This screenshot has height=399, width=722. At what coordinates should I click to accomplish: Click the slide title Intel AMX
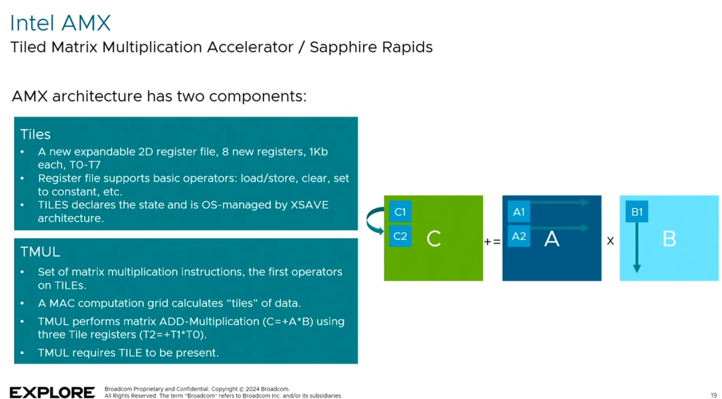tap(60, 23)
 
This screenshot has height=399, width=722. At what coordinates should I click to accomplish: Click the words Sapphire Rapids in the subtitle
tap(371, 47)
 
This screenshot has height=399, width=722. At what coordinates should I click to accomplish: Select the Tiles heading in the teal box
tap(35, 134)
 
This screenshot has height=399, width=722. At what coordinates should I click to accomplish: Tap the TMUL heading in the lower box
tap(40, 251)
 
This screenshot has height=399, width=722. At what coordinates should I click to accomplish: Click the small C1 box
tap(400, 212)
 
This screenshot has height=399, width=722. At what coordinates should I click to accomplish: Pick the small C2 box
tap(400, 236)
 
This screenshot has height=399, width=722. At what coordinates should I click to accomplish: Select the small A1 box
tap(518, 212)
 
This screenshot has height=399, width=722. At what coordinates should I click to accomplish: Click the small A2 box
tap(518, 236)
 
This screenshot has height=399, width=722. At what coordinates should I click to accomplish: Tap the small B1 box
tap(637, 212)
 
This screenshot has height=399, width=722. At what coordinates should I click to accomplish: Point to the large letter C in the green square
tap(434, 239)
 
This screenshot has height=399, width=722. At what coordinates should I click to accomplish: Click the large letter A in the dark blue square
tap(551, 239)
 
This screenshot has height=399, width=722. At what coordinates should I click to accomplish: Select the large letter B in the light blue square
tap(669, 239)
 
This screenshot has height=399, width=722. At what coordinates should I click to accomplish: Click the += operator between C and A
tap(492, 242)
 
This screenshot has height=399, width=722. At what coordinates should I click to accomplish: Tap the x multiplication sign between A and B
tap(611, 242)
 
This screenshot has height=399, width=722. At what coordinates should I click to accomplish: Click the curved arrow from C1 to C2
tap(373, 220)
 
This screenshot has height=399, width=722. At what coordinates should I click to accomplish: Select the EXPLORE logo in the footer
tap(52, 393)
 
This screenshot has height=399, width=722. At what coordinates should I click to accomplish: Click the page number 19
tap(714, 395)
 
